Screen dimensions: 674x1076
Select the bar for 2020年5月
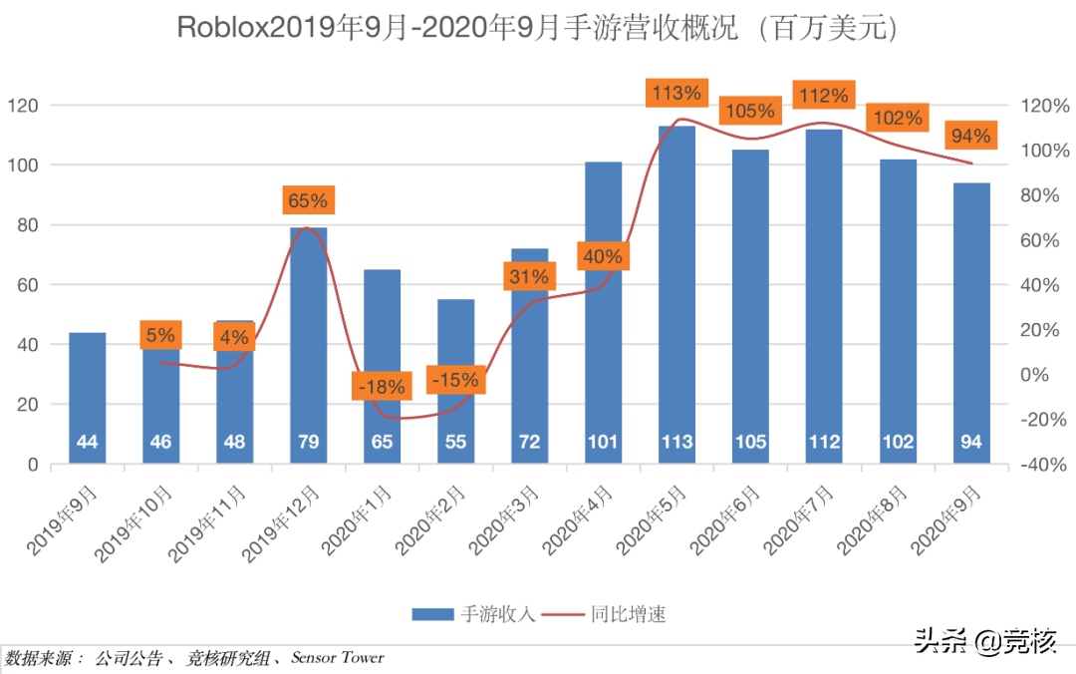coord(676,299)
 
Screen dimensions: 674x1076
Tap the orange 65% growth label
coord(308,200)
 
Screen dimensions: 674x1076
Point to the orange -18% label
coord(382,386)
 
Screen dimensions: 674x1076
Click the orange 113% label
coord(676,94)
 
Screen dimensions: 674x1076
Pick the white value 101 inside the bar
coord(603,442)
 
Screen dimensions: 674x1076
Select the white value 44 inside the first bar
coord(87,442)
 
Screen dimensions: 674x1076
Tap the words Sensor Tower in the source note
coord(337,658)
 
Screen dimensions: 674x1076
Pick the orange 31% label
coord(529,277)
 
